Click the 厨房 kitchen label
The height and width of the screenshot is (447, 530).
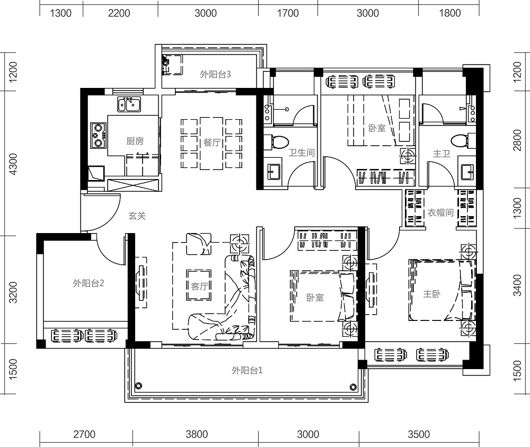pyautogui.click(x=135, y=141)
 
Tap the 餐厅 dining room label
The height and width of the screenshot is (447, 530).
pyautogui.click(x=212, y=142)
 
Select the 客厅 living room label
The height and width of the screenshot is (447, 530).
pyautogui.click(x=199, y=286)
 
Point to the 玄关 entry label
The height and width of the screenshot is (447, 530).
pyautogui.click(x=137, y=216)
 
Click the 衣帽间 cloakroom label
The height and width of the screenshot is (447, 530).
pyautogui.click(x=440, y=212)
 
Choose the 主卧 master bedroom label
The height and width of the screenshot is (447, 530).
pyautogui.click(x=432, y=293)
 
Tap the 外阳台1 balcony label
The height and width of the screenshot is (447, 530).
pyautogui.click(x=247, y=370)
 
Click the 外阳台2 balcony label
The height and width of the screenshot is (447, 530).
pyautogui.click(x=88, y=283)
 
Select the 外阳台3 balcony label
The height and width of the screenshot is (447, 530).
pyautogui.click(x=215, y=74)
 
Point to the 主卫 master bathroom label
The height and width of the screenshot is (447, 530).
pyautogui.click(x=442, y=154)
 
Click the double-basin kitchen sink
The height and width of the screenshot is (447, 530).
pyautogui.click(x=129, y=104)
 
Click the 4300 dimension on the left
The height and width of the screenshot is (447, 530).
pyautogui.click(x=13, y=164)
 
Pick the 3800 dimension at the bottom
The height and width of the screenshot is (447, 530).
pyautogui.click(x=197, y=434)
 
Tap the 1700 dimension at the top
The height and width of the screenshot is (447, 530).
pyautogui.click(x=288, y=13)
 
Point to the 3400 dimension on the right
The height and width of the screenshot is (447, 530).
pyautogui.click(x=517, y=285)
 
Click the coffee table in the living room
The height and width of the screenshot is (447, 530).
pyautogui.click(x=199, y=285)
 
